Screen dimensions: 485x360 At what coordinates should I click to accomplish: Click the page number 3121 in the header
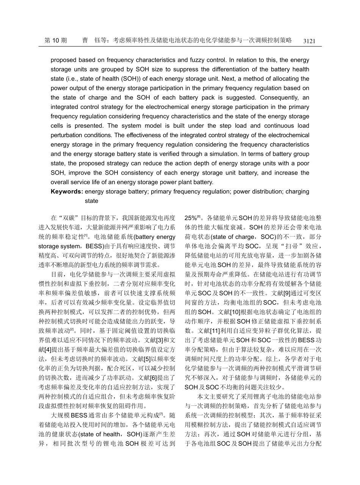pyautogui.click(x=309, y=41)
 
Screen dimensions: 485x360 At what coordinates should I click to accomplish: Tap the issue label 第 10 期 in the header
pyautogui.click(x=56, y=41)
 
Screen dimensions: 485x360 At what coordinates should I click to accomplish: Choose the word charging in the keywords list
pyautogui.click(x=297, y=192)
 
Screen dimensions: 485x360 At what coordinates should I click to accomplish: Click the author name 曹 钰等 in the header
pyautogui.click(x=92, y=41)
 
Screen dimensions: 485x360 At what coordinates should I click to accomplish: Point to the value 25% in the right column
pyautogui.click(x=190, y=219)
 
